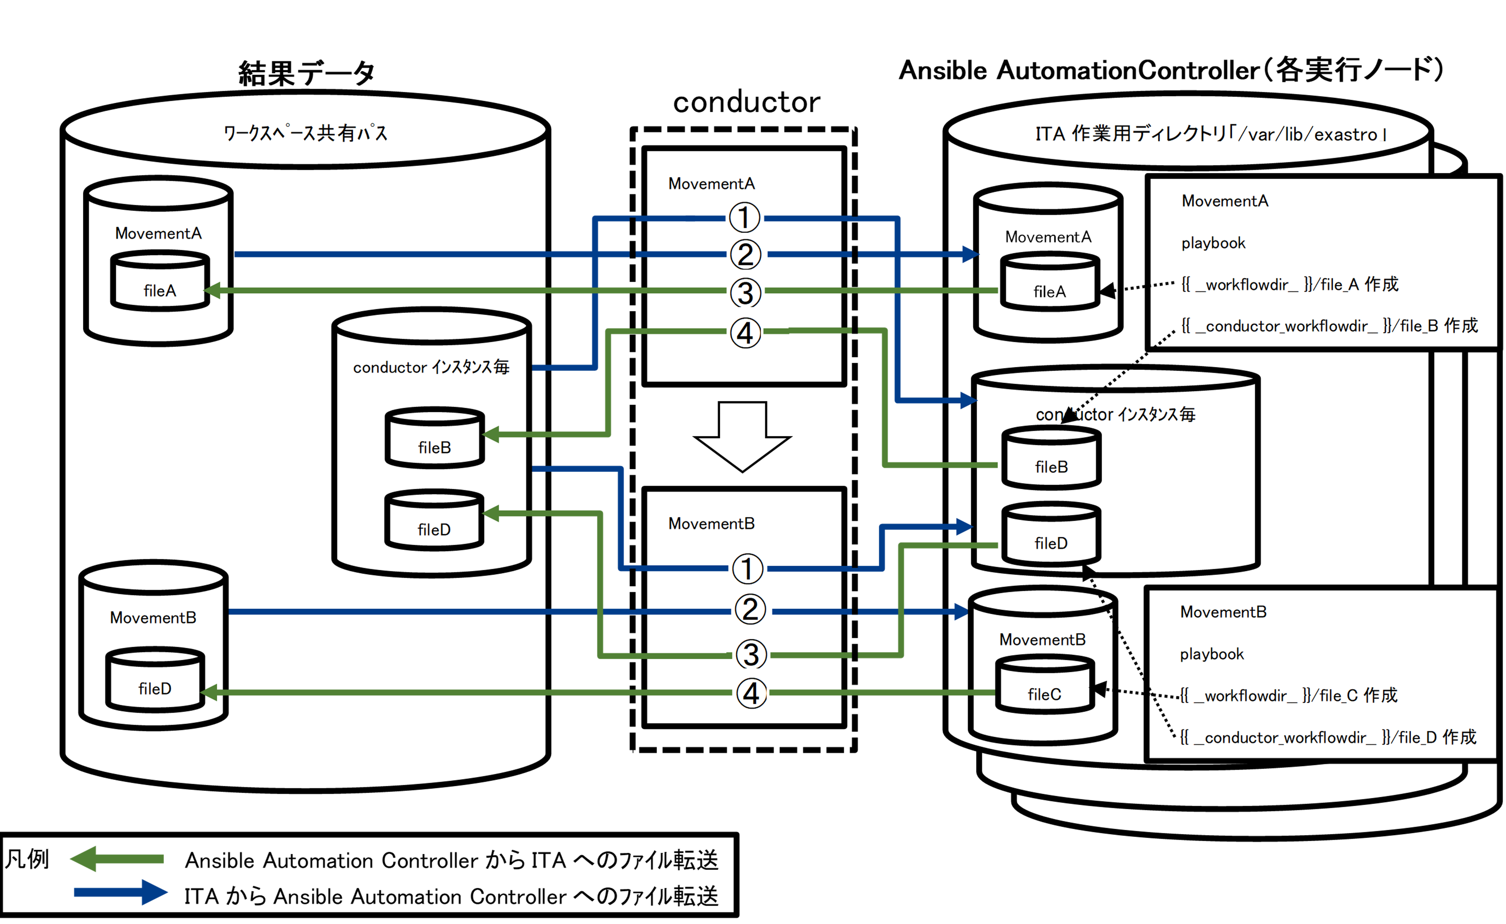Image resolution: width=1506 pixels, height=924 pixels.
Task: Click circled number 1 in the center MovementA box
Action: pyautogui.click(x=745, y=218)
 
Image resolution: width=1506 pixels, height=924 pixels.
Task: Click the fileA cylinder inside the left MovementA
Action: pyautogui.click(x=160, y=282)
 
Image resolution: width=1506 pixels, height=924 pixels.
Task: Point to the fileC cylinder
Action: pyautogui.click(x=1045, y=686)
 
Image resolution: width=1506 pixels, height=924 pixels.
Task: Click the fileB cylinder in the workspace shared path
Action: pyautogui.click(x=435, y=439)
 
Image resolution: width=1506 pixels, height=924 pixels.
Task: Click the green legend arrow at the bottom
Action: pyautogui.click(x=117, y=859)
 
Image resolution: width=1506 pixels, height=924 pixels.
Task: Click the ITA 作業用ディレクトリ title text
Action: pyautogui.click(x=1210, y=134)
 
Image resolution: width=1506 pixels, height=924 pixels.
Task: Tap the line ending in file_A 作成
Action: pyautogui.click(x=1290, y=284)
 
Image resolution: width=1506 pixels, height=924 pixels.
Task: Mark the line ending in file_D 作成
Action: pyautogui.click(x=1327, y=738)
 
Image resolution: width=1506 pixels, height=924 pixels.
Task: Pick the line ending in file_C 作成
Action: pyautogui.click(x=1288, y=696)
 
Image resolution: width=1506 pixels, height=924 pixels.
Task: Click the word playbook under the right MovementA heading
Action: pyautogui.click(x=1213, y=243)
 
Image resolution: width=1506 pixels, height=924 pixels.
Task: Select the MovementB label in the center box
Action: pyautogui.click(x=712, y=524)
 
